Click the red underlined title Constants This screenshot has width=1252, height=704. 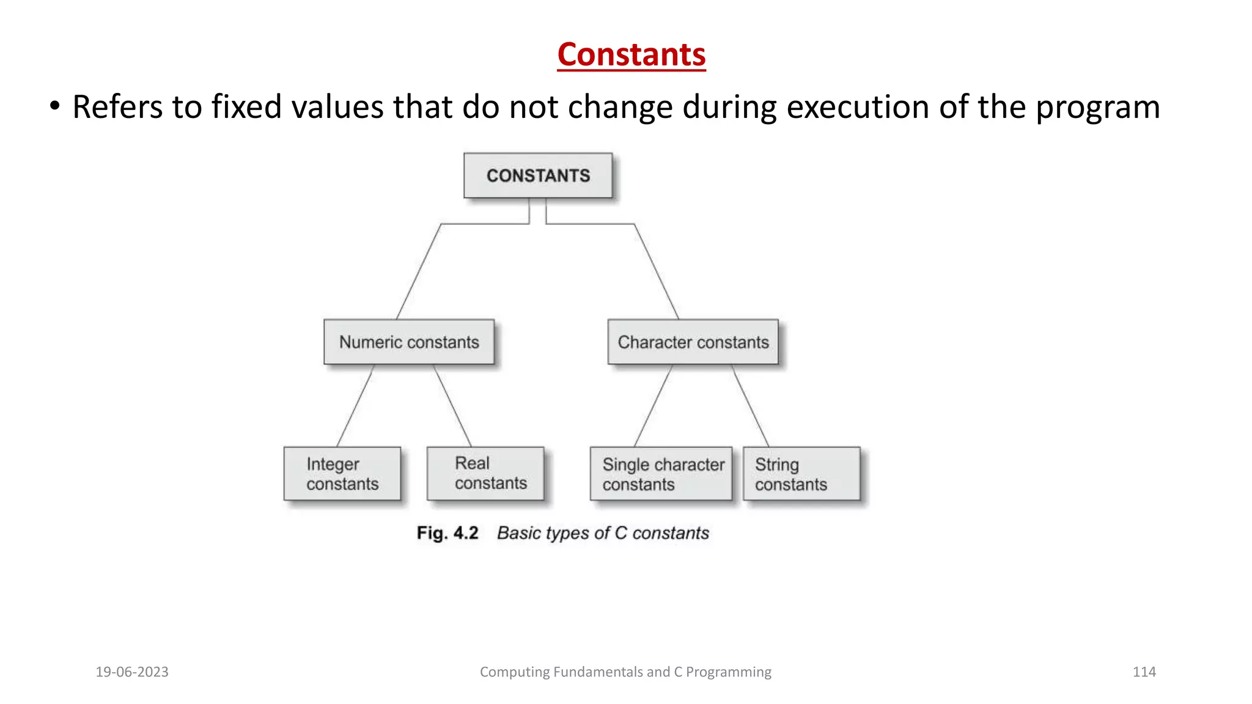631,55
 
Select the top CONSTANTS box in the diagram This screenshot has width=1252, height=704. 538,175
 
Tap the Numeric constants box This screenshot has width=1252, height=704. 409,342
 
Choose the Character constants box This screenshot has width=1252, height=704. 693,342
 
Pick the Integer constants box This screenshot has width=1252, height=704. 342,474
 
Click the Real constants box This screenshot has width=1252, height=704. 485,474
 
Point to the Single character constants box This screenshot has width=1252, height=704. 661,474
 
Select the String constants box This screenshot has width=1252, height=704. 801,474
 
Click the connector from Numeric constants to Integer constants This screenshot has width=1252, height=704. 355,406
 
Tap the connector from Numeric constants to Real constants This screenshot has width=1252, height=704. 452,406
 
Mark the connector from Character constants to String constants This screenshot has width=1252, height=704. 750,406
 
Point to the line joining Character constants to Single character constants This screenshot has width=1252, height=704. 654,406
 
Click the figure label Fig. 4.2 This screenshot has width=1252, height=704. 447,533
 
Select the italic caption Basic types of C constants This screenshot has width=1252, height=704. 603,533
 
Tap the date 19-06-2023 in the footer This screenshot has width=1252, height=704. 132,672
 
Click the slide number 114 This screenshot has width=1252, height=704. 1144,672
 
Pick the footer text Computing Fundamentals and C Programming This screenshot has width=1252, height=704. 625,672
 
